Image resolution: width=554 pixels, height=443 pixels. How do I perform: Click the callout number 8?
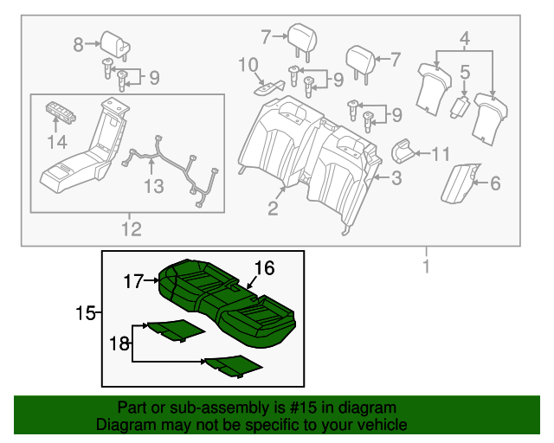pos(78,44)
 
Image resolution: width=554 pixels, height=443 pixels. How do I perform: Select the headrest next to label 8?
pos(113,41)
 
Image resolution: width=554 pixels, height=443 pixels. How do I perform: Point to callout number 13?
pos(153,186)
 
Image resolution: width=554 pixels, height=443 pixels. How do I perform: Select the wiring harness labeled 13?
pos(173,170)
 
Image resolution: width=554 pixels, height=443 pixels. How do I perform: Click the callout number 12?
pos(130,229)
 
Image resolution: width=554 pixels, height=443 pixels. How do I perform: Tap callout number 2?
pos(273,207)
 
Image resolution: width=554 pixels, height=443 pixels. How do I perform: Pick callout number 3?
pos(396,179)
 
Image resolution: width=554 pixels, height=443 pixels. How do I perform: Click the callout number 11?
pos(441,155)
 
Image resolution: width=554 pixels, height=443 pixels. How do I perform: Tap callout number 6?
pos(495,183)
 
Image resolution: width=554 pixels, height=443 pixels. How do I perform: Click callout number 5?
pos(465,74)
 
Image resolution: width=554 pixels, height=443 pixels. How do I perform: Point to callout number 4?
pos(465,38)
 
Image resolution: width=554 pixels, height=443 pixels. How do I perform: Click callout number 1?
pos(426,267)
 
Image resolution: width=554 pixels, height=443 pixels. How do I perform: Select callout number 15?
pos(84,311)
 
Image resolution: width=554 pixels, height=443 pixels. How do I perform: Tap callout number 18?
pos(119,343)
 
